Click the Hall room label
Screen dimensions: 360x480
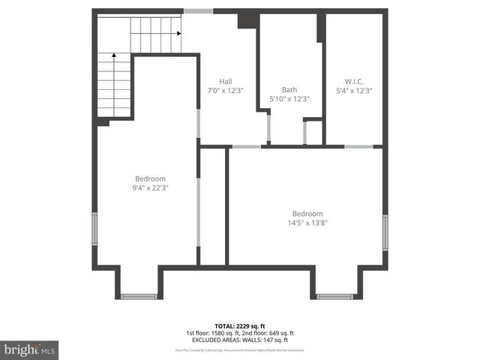225,81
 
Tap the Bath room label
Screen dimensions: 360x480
289,89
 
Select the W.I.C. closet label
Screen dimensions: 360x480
354,81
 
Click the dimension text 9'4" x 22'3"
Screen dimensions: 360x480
150,187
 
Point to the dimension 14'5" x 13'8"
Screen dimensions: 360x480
307,222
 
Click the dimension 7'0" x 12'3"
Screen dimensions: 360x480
226,90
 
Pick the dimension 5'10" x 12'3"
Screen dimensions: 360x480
289,98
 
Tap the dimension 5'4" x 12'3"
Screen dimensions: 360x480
355,90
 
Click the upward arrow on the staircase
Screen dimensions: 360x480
113,55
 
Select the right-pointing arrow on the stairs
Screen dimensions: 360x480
178,33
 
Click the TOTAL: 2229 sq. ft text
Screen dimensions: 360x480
240,325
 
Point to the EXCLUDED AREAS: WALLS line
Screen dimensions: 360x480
240,340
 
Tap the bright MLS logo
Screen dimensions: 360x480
30,349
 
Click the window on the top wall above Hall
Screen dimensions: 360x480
198,11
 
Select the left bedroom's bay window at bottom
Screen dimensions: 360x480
139,296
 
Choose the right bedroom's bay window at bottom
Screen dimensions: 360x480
334,296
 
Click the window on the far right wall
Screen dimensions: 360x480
385,232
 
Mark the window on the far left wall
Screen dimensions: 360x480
94,229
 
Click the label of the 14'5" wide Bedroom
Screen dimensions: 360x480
307,213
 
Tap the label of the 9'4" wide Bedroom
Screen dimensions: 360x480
150,178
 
